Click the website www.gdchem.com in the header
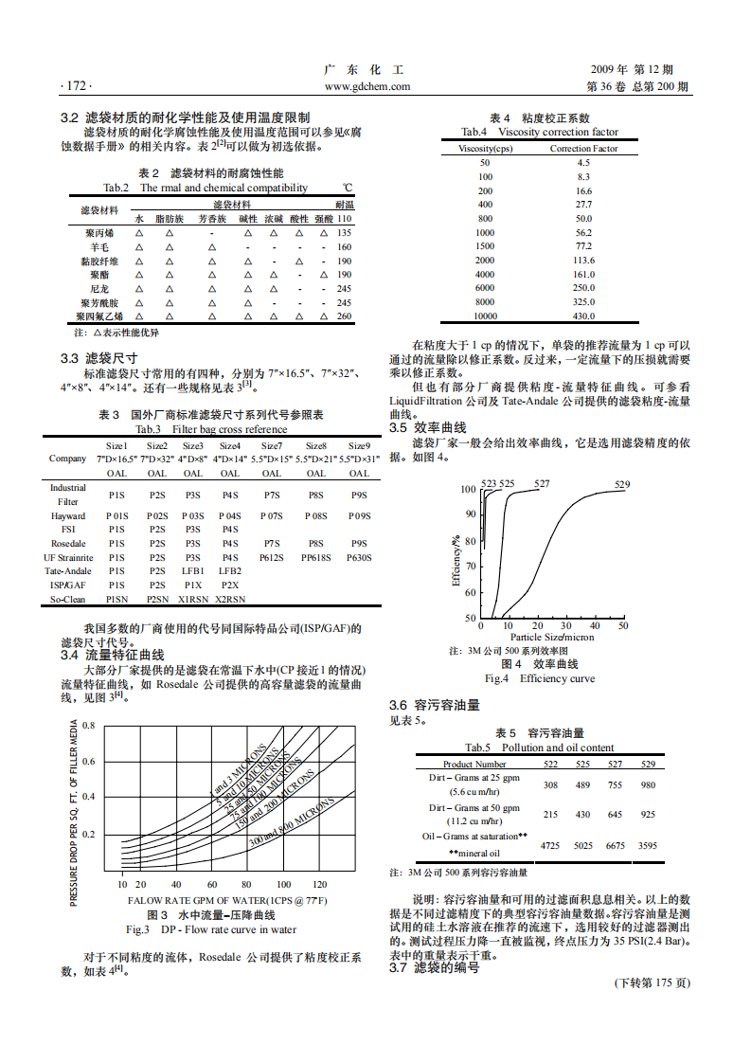tap(367, 86)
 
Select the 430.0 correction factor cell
tap(583, 316)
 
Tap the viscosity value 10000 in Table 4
tap(485, 316)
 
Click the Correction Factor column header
tap(583, 149)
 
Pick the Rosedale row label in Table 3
tap(68, 544)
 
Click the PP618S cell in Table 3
tap(316, 558)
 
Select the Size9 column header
tap(359, 445)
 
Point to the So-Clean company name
tap(68, 600)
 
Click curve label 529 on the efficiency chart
tap(621, 485)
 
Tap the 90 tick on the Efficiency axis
tap(471, 514)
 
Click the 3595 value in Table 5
tap(648, 844)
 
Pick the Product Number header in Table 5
tap(474, 765)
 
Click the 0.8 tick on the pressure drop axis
tap(88, 726)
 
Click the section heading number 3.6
tap(398, 705)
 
